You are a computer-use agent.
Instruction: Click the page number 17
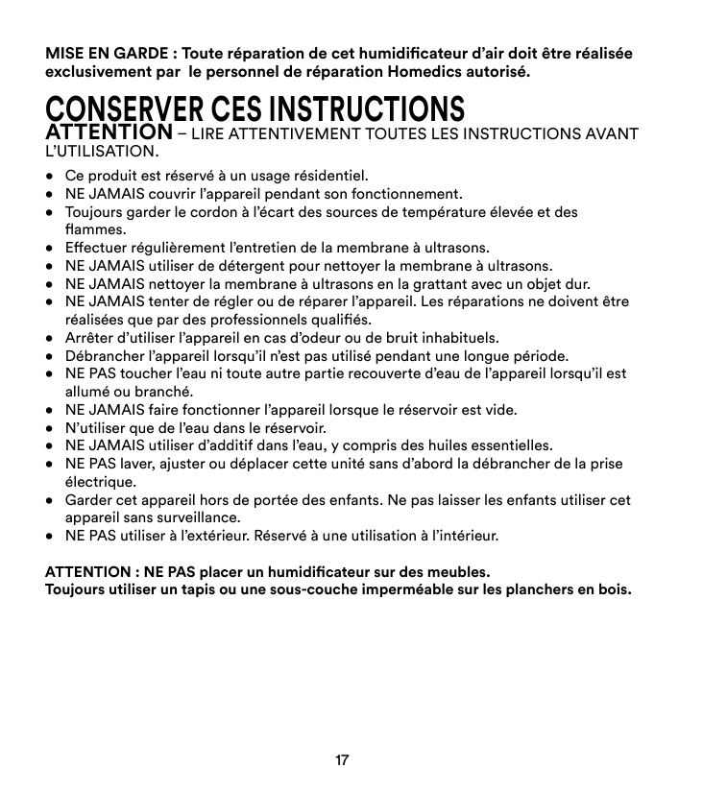click(x=342, y=761)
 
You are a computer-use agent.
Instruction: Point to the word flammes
click(x=94, y=230)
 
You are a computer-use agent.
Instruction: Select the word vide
click(x=497, y=410)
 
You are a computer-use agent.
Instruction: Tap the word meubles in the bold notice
click(x=456, y=572)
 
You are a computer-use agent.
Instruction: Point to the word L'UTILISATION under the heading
click(x=101, y=152)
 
